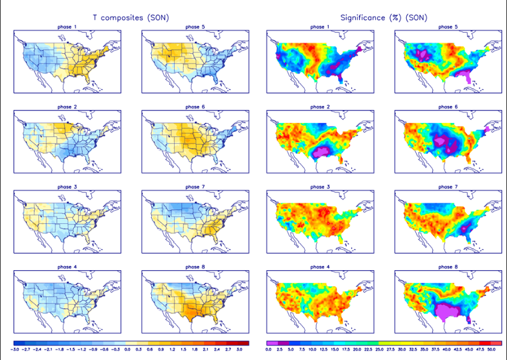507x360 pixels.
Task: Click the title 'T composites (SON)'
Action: pyautogui.click(x=131, y=18)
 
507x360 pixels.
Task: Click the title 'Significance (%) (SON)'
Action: pyautogui.click(x=383, y=18)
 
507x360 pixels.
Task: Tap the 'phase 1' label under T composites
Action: pyautogui.click(x=66, y=27)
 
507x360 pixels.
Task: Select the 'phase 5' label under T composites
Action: pyautogui.click(x=195, y=27)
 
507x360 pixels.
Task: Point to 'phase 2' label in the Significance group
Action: pyautogui.click(x=320, y=107)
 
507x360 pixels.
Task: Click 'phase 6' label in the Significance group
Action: pyautogui.click(x=448, y=107)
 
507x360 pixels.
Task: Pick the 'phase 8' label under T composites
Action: pyautogui.click(x=195, y=267)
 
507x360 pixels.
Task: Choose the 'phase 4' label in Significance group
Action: pyautogui.click(x=320, y=267)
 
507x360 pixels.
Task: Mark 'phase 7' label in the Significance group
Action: pyautogui.click(x=448, y=187)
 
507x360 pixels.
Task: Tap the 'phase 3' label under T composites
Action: pyautogui.click(x=66, y=187)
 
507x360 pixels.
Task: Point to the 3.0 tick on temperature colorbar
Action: pyautogui.click(x=239, y=349)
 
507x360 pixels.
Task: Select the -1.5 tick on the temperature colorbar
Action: pyautogui.click(x=70, y=349)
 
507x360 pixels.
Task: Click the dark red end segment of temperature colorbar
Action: pyautogui.click(x=244, y=343)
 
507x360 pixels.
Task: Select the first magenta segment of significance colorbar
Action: pyautogui.click(x=272, y=343)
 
